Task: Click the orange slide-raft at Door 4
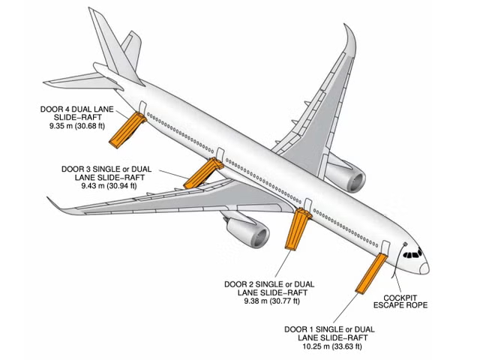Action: pyautogui.click(x=125, y=130)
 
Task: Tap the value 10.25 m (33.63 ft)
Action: pyautogui.click(x=324, y=346)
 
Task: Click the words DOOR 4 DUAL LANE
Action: pyautogui.click(x=75, y=109)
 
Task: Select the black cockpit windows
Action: pyautogui.click(x=412, y=254)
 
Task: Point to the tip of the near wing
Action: pyautogui.click(x=51, y=200)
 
